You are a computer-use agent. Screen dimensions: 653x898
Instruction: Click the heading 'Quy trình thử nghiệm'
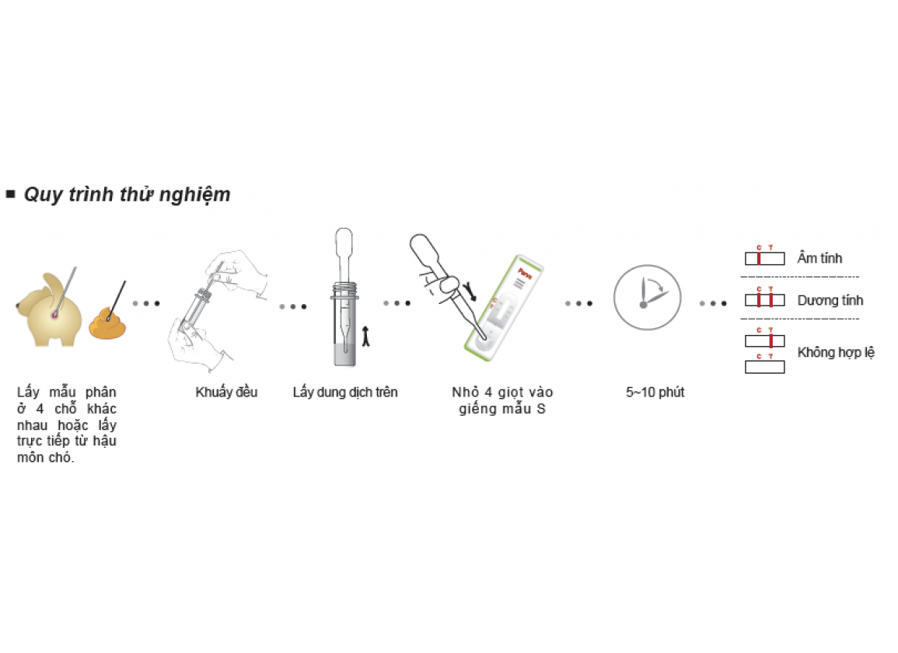point(127,194)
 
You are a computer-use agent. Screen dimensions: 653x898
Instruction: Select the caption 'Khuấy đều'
point(226,392)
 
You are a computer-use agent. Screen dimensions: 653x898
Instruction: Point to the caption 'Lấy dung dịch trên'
point(345,392)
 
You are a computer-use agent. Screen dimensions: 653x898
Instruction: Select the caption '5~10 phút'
point(655,392)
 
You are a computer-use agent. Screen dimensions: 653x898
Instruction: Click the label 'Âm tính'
point(819,258)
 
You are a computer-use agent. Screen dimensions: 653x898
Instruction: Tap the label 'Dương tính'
point(830,300)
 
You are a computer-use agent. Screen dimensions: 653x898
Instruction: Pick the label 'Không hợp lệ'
point(836,353)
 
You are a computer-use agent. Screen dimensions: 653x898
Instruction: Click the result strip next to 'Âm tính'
point(764,259)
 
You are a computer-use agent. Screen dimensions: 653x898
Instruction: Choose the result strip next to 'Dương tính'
point(764,301)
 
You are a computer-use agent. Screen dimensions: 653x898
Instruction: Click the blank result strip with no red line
point(764,367)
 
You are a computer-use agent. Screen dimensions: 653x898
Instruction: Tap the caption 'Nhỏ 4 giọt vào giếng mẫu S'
point(501,400)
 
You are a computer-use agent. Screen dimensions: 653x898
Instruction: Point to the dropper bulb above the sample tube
point(343,243)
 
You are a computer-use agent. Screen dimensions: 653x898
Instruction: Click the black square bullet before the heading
point(11,194)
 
